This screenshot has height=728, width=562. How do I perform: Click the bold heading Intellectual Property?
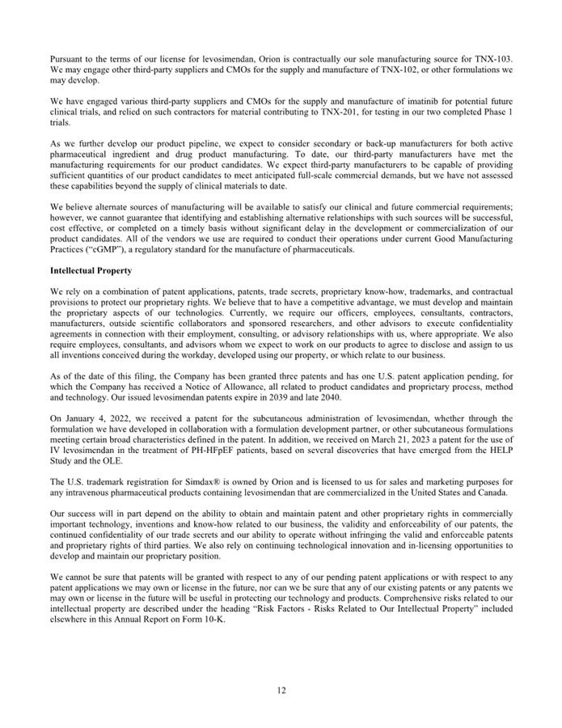[x=91, y=270]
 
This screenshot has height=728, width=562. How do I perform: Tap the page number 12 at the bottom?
[x=281, y=690]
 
